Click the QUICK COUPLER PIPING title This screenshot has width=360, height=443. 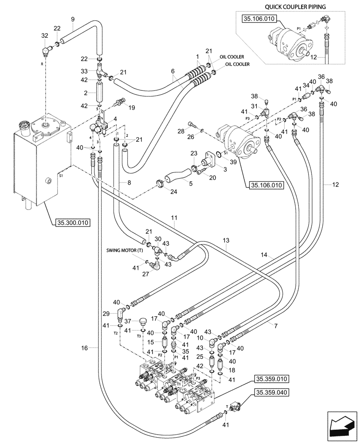[295, 7]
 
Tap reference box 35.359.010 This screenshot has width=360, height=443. [271, 379]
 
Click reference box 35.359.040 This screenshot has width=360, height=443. [271, 392]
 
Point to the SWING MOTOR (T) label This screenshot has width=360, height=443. [125, 250]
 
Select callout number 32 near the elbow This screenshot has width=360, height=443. [45, 35]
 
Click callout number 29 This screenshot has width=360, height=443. [106, 314]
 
